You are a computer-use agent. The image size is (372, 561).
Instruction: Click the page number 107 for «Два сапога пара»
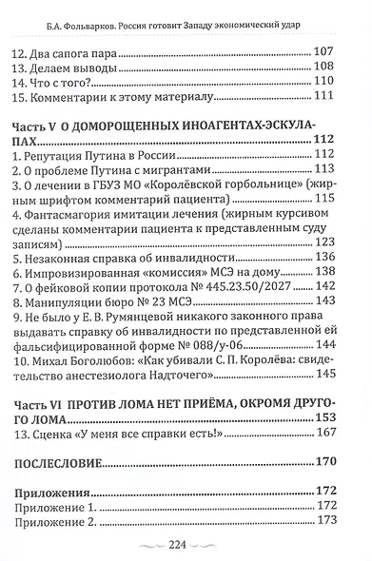(x=325, y=51)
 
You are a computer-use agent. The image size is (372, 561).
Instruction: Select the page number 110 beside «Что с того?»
(x=325, y=86)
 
